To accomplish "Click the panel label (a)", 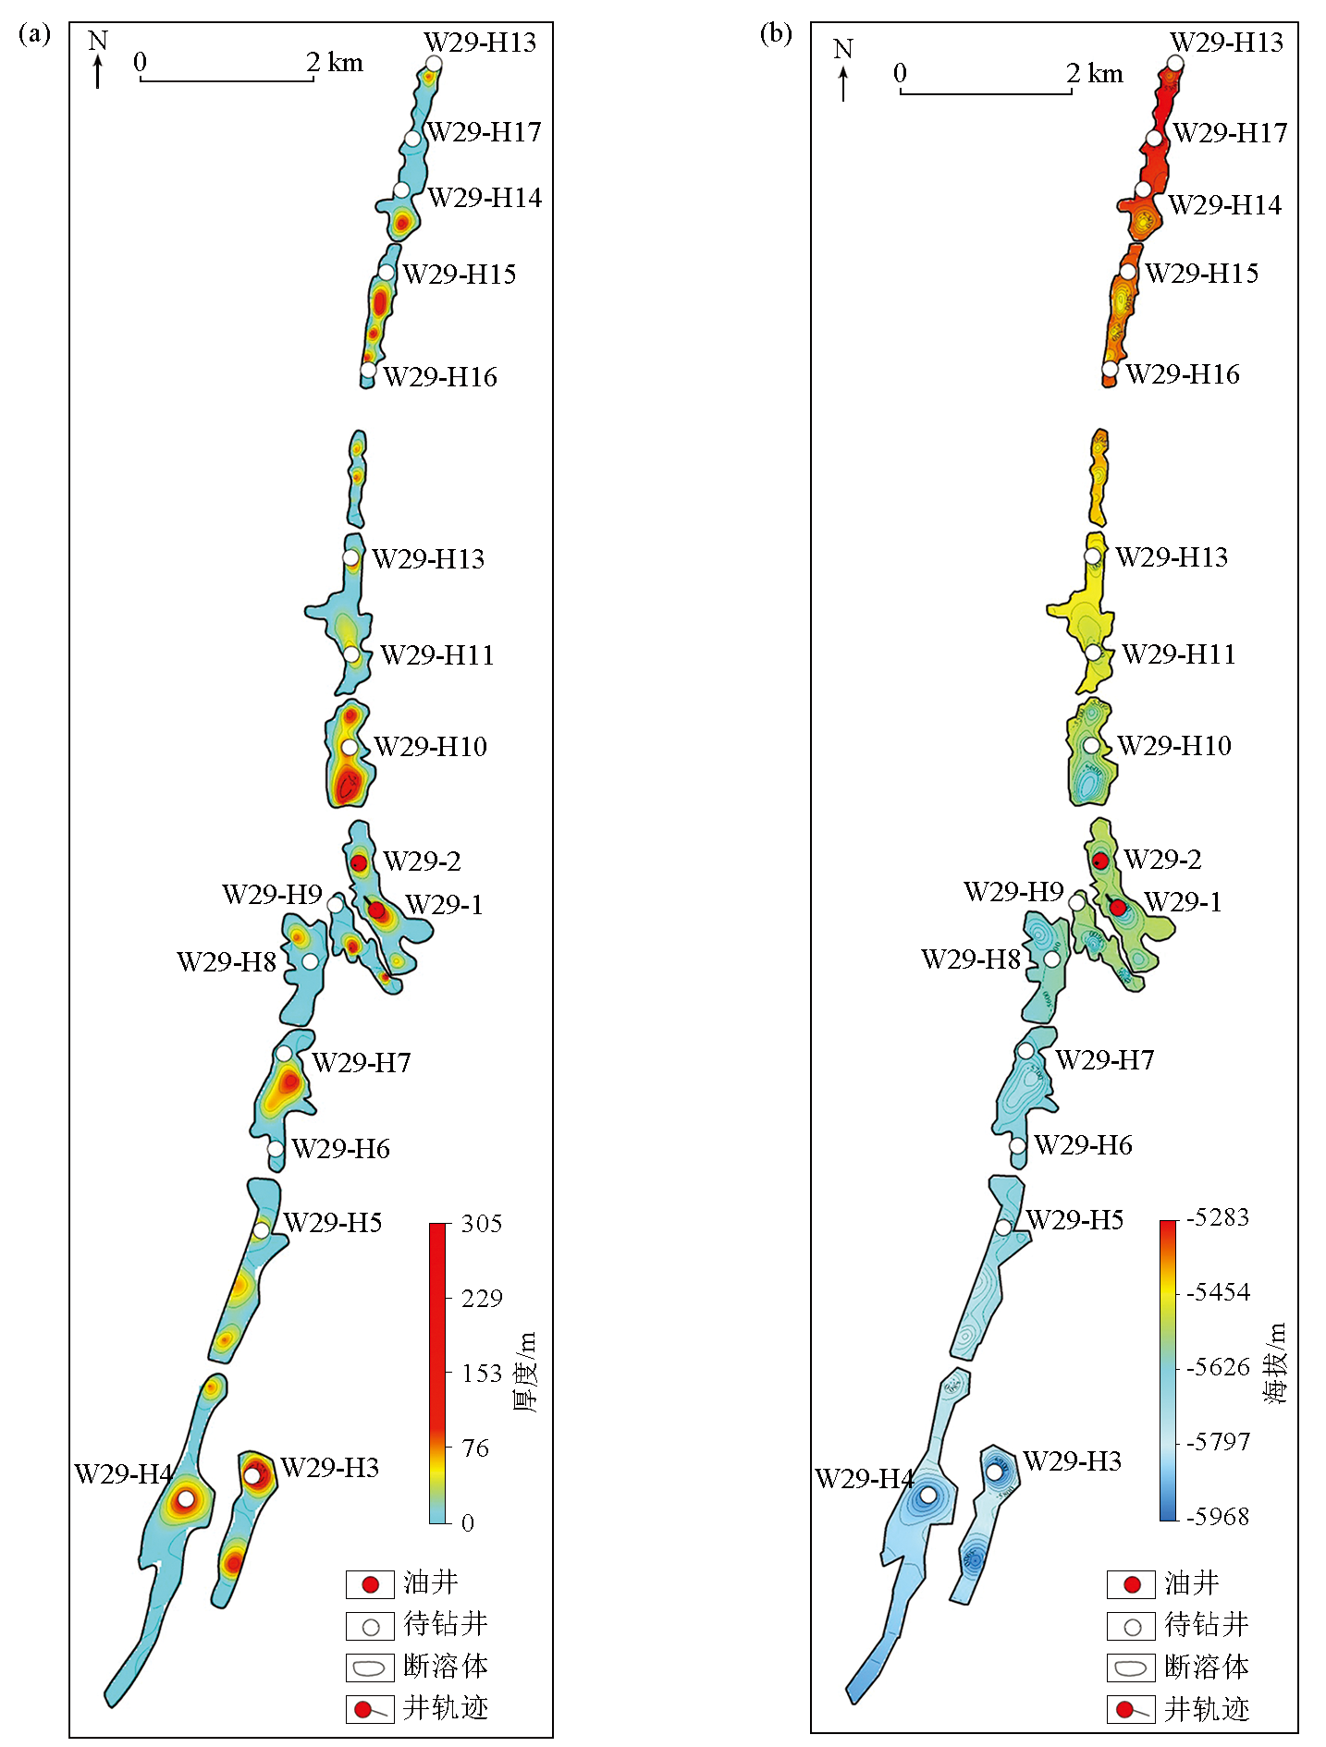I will (x=34, y=35).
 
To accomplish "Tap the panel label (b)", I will (x=775, y=34).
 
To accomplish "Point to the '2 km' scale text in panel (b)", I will (x=1094, y=73).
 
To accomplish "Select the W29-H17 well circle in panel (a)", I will (x=412, y=139).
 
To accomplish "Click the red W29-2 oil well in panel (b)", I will (x=1100, y=861).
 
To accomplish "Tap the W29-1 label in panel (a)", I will (x=444, y=904).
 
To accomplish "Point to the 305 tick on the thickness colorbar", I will (x=481, y=1224).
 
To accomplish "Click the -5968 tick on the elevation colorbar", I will (x=1219, y=1517).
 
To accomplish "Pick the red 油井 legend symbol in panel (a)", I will (x=370, y=1584).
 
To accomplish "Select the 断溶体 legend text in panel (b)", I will (x=1206, y=1667).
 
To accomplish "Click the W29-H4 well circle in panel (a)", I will (x=186, y=1498).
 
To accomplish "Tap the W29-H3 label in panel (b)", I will (x=1072, y=1461).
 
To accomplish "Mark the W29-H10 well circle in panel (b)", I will (x=1091, y=745).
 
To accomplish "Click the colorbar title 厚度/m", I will (x=524, y=1372).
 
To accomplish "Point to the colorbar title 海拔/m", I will (x=1275, y=1363).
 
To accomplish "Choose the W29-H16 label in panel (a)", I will (x=440, y=377).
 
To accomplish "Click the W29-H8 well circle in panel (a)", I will (x=310, y=961).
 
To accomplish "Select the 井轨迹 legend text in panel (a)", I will (x=446, y=1708).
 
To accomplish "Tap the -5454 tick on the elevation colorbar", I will (x=1219, y=1292).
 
